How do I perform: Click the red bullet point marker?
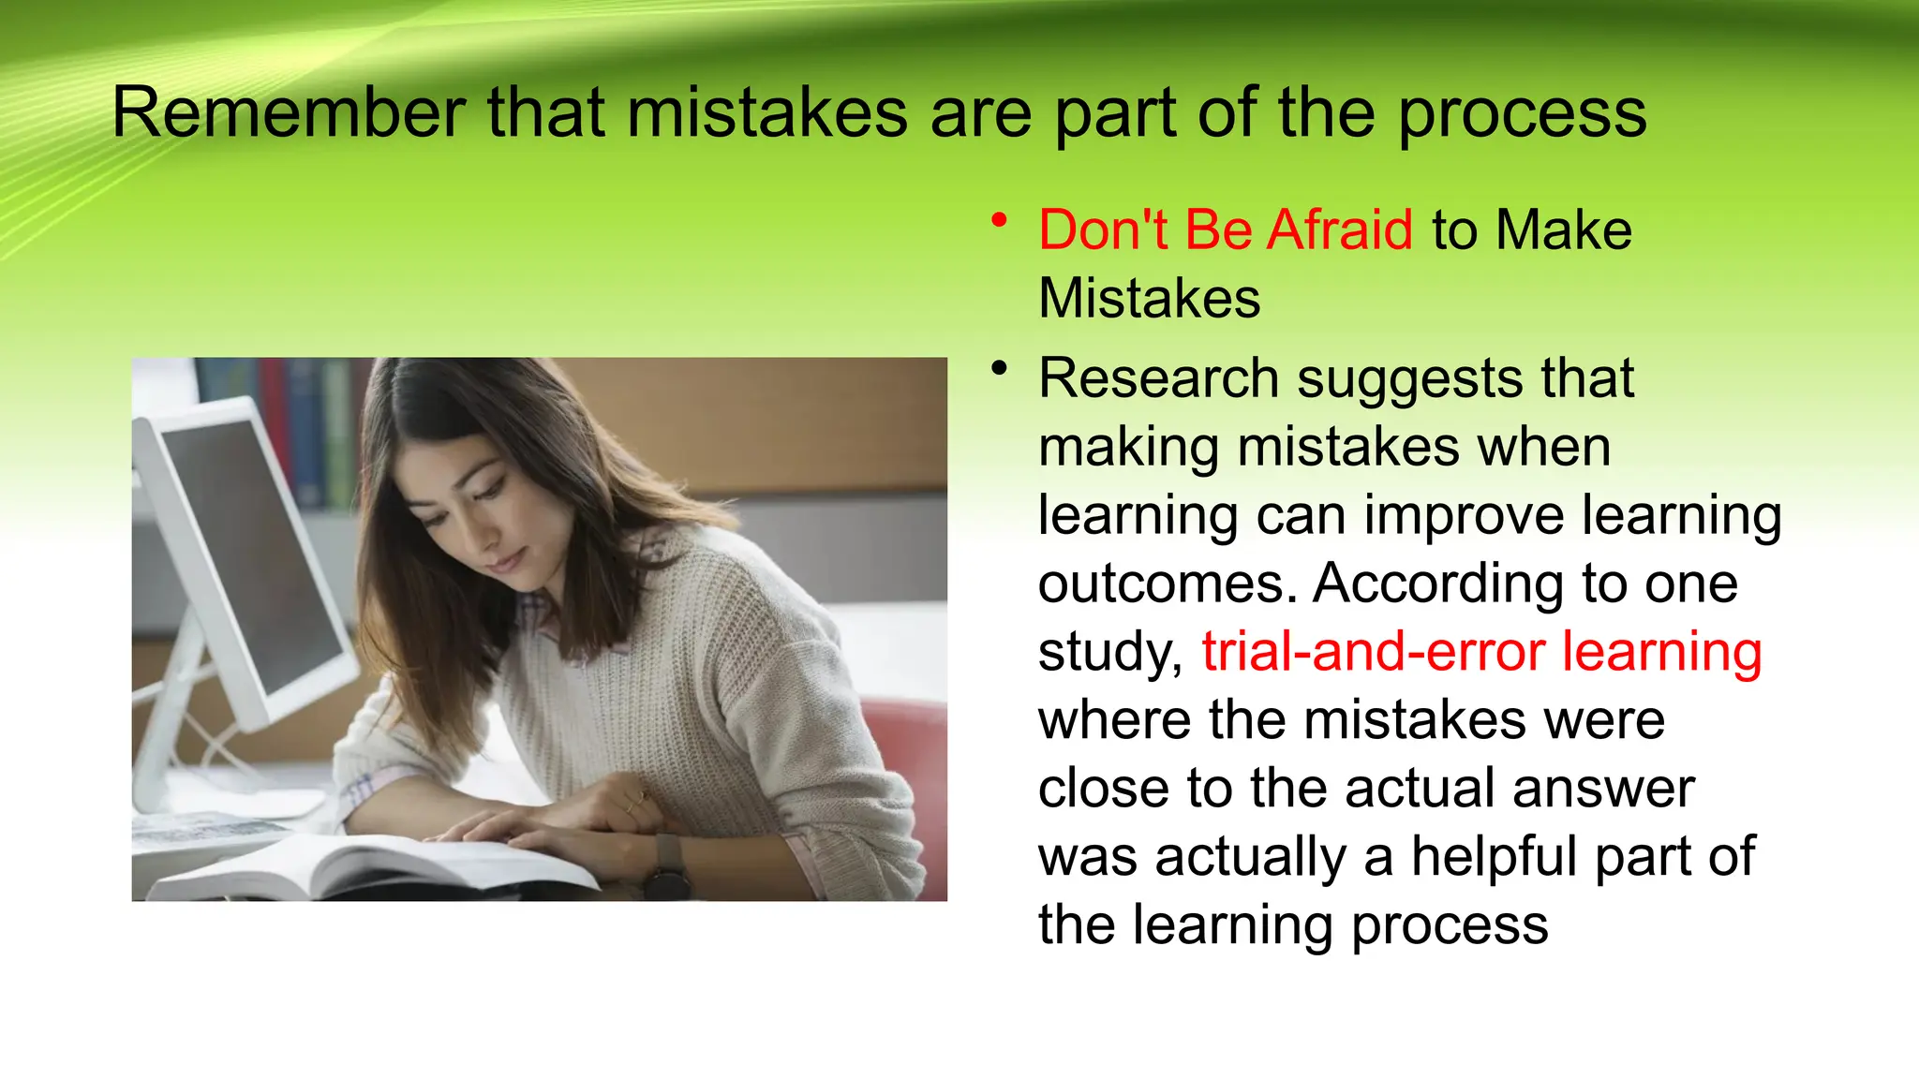(1000, 221)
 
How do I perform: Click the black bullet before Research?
(1000, 368)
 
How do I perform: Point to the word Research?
(1158, 378)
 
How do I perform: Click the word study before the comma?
(1108, 653)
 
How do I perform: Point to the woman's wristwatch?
(667, 867)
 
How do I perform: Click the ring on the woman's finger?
(641, 799)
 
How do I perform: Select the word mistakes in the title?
(766, 112)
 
